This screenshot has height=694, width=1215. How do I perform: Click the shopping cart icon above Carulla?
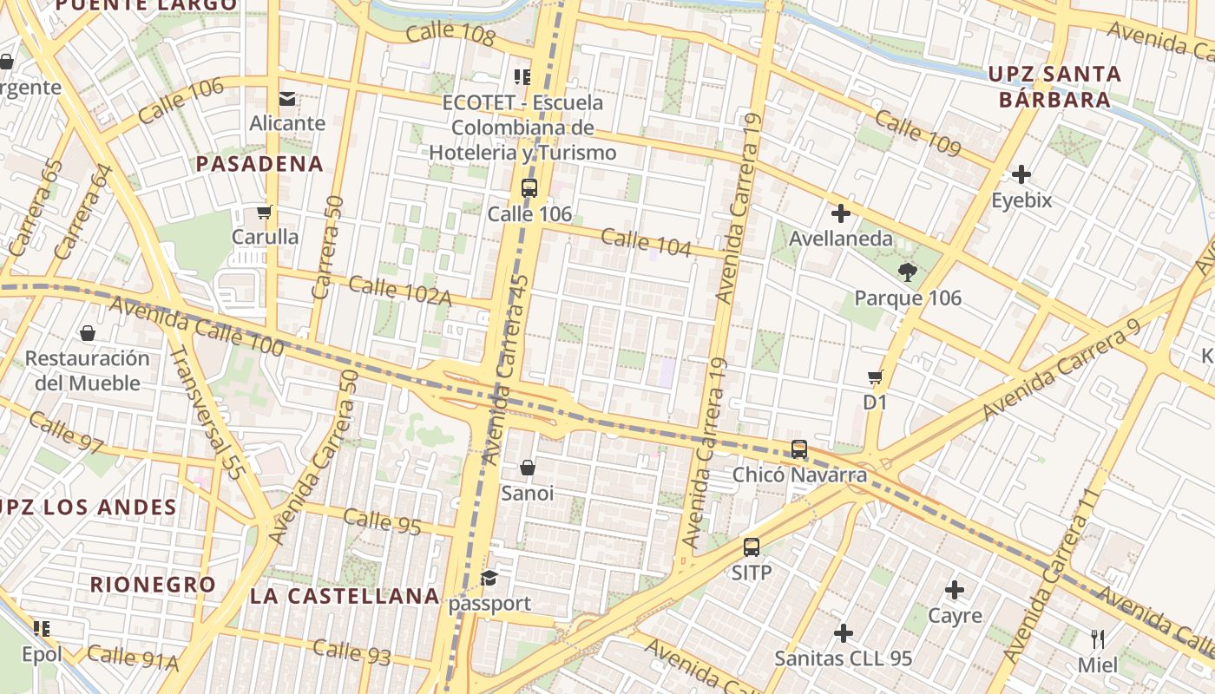click(265, 212)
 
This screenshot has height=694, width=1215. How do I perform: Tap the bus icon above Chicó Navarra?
click(799, 449)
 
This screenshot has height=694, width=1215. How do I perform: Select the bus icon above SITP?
click(752, 547)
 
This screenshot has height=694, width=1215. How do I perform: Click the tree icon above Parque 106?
click(908, 272)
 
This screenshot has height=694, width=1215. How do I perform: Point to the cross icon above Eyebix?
click(1021, 174)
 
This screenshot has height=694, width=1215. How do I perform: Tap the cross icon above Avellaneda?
click(840, 213)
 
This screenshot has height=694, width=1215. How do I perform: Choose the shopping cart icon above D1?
click(875, 377)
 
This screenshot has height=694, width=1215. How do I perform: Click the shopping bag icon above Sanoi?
click(527, 468)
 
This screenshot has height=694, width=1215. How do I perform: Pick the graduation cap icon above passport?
click(489, 579)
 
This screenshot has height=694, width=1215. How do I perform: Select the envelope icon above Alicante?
click(287, 98)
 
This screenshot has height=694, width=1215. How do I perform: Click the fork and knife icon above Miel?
click(1098, 640)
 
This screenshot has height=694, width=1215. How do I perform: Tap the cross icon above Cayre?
click(955, 591)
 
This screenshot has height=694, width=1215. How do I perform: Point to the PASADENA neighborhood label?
click(259, 164)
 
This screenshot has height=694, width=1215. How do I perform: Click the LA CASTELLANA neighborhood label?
click(345, 596)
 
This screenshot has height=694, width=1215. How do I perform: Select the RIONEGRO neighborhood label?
click(153, 585)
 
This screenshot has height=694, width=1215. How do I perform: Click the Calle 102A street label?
click(400, 291)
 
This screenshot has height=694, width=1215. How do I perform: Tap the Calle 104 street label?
click(646, 243)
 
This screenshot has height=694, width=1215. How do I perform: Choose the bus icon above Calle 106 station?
click(529, 187)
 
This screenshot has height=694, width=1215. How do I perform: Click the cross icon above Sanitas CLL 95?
click(843, 633)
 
